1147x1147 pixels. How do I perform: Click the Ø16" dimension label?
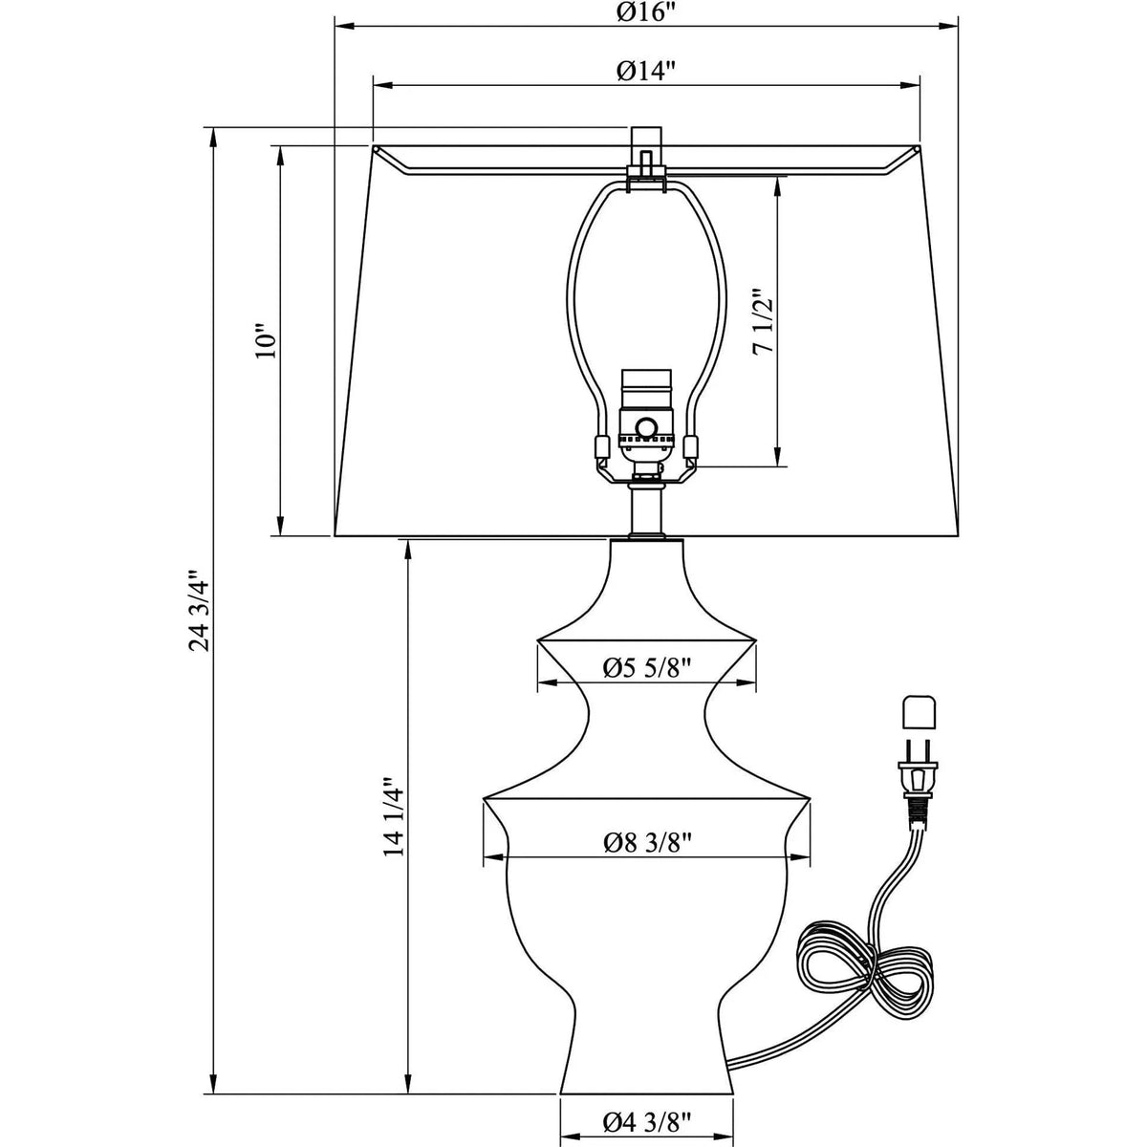pos(646,11)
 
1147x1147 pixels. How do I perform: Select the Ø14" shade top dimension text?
pos(646,71)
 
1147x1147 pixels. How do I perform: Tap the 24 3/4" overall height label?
pos(199,612)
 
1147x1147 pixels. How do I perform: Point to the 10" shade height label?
pos(266,340)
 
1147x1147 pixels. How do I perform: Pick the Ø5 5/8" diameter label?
pos(647,668)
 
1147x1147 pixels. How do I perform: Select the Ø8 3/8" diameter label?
pos(647,841)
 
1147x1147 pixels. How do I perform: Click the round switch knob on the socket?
pos(647,427)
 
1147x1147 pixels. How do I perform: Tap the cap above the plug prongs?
pos(920,712)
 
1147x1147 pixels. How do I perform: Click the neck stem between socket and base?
pos(647,509)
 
